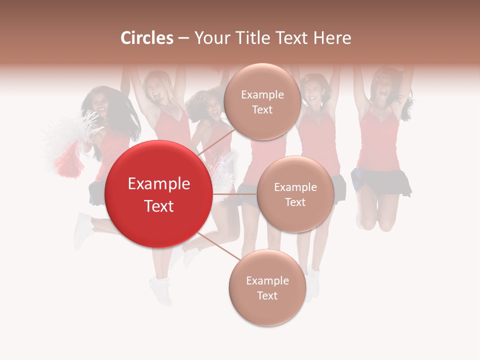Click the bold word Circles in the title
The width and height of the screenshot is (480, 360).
coord(147,38)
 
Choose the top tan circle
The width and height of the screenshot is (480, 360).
coord(262,102)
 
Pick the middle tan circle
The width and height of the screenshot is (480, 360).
coord(295,194)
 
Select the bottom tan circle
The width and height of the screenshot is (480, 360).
coord(267,288)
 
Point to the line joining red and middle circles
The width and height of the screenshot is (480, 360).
coord(235,194)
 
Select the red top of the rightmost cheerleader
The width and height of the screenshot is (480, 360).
coord(378,140)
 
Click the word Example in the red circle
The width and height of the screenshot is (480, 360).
coord(159,184)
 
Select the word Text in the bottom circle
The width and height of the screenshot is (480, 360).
coord(267,295)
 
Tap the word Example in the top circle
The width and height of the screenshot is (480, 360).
coord(262,94)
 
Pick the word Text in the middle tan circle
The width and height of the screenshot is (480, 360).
coord(295,202)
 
